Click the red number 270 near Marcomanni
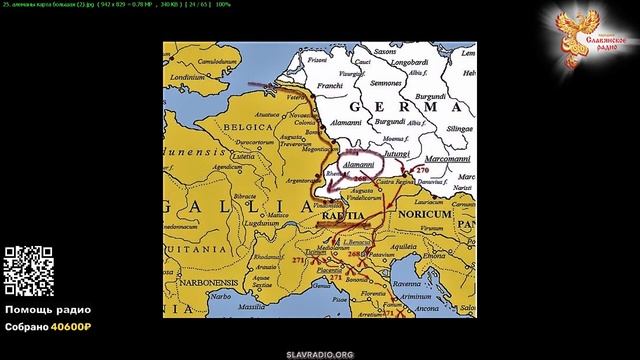421,173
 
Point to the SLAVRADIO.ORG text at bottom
320,354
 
